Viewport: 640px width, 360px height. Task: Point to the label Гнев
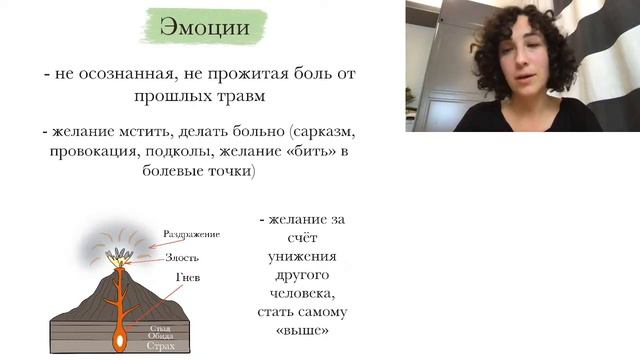tap(185, 277)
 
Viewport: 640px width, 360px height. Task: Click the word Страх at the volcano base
tap(160, 346)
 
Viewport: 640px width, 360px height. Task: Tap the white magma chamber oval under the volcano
tap(120, 341)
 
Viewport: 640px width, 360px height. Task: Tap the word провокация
tap(88, 152)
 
